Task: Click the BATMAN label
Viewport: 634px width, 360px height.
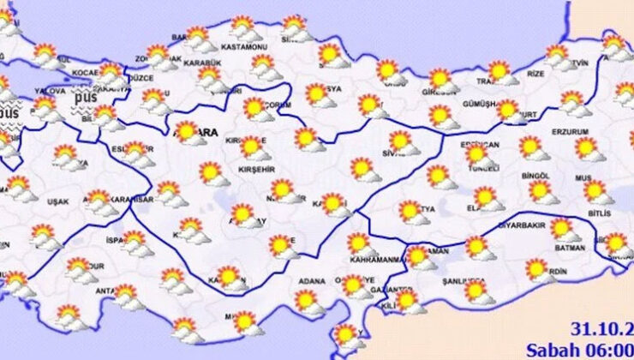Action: pyautogui.click(x=568, y=249)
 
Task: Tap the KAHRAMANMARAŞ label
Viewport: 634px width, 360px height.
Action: pyautogui.click(x=374, y=259)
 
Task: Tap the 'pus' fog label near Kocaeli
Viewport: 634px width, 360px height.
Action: pyautogui.click(x=83, y=98)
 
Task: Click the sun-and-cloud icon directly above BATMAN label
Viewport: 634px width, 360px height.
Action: pyautogui.click(x=563, y=229)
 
